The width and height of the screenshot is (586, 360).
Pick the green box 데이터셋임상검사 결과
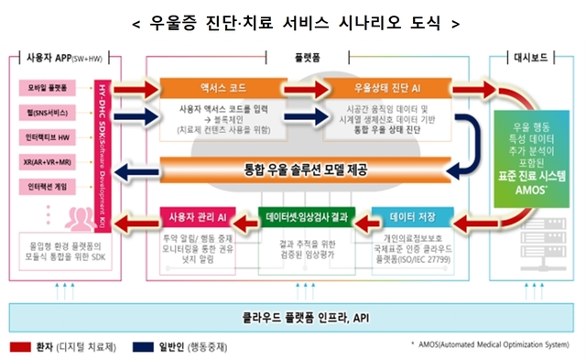306,217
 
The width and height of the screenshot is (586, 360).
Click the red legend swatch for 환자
20,347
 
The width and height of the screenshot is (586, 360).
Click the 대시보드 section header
532,57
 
